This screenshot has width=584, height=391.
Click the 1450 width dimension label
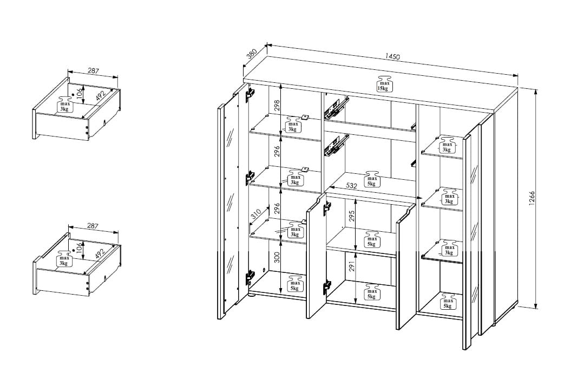tap(392, 56)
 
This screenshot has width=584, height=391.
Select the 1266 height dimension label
tap(532, 198)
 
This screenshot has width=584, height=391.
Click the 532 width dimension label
tap(351, 185)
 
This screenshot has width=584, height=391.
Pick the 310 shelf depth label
tap(255, 214)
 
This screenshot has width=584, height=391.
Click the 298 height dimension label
tap(276, 107)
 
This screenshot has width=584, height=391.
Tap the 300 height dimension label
tap(277, 257)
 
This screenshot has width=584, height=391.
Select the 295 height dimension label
tap(352, 216)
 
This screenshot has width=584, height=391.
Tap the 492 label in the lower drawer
tap(99, 254)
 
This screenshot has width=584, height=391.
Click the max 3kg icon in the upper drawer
tap(65, 105)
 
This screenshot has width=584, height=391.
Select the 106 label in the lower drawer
tap(78, 246)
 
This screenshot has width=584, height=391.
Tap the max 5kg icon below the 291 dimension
tap(372, 291)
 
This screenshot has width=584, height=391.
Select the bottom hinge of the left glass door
tap(250, 278)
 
